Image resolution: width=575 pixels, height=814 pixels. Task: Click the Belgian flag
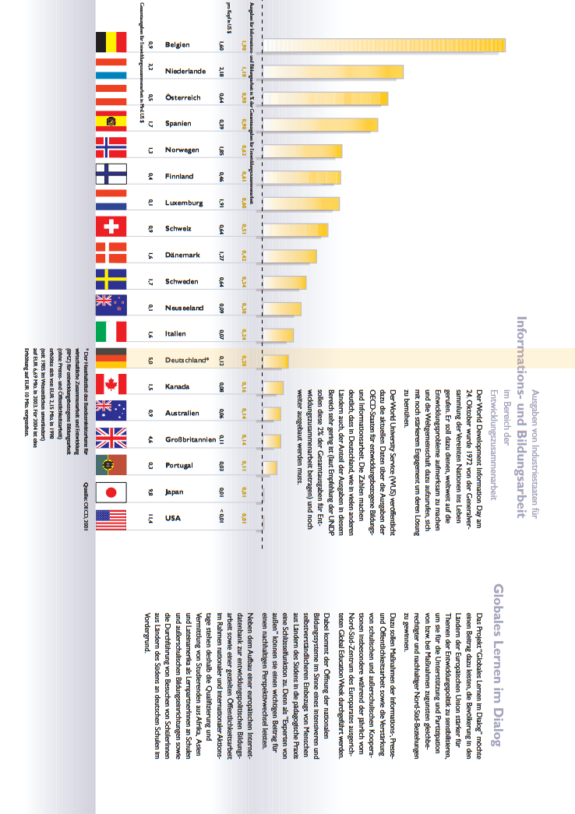point(110,44)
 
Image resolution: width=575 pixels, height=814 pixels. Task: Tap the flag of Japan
point(110,492)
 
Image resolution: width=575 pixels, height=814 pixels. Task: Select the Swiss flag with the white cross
point(110,228)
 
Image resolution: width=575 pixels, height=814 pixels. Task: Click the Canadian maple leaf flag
point(110,386)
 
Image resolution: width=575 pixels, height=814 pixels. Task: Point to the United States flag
point(110,518)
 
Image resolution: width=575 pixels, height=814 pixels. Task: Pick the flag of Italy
point(110,333)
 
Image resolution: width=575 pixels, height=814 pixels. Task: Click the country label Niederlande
point(185,71)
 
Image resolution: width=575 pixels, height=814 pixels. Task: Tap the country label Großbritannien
point(190,439)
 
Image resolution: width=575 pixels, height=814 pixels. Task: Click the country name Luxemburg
point(184,203)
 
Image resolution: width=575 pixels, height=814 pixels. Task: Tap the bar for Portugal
point(270,467)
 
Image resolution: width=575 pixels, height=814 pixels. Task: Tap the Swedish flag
point(110,281)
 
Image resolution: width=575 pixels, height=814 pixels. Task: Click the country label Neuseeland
point(185,308)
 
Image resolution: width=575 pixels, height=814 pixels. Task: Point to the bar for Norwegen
point(303,151)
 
